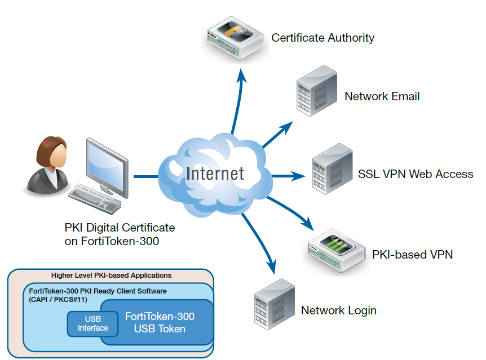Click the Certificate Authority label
coord(322,38)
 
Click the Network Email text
coord(382,96)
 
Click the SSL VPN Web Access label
coord(415,174)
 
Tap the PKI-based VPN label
coord(412,255)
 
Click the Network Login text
coord(338,310)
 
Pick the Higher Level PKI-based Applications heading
coord(111,275)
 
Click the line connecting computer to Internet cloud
coord(145,177)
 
